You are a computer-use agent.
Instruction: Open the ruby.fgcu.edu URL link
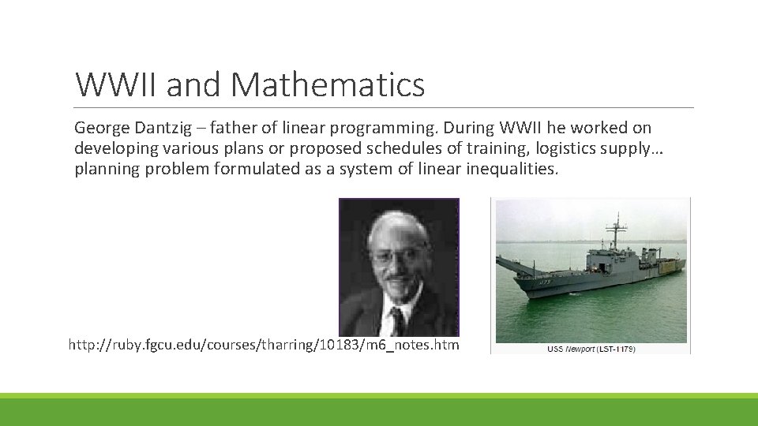[x=264, y=346]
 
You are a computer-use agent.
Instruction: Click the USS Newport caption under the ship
[x=591, y=349]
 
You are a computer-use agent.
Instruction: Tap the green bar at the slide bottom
[x=379, y=409]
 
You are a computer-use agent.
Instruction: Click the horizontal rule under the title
[x=384, y=108]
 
